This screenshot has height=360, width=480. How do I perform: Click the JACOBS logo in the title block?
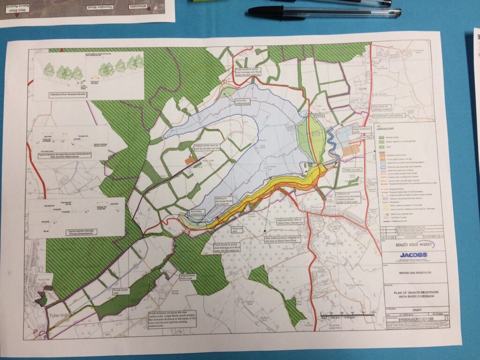[x=413, y=255]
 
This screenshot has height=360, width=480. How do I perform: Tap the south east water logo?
[x=407, y=244]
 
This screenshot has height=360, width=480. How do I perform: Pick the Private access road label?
[x=121, y=291]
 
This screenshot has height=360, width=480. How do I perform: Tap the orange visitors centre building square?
[x=189, y=161]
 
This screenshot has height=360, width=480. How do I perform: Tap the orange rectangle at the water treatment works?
[x=351, y=151]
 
